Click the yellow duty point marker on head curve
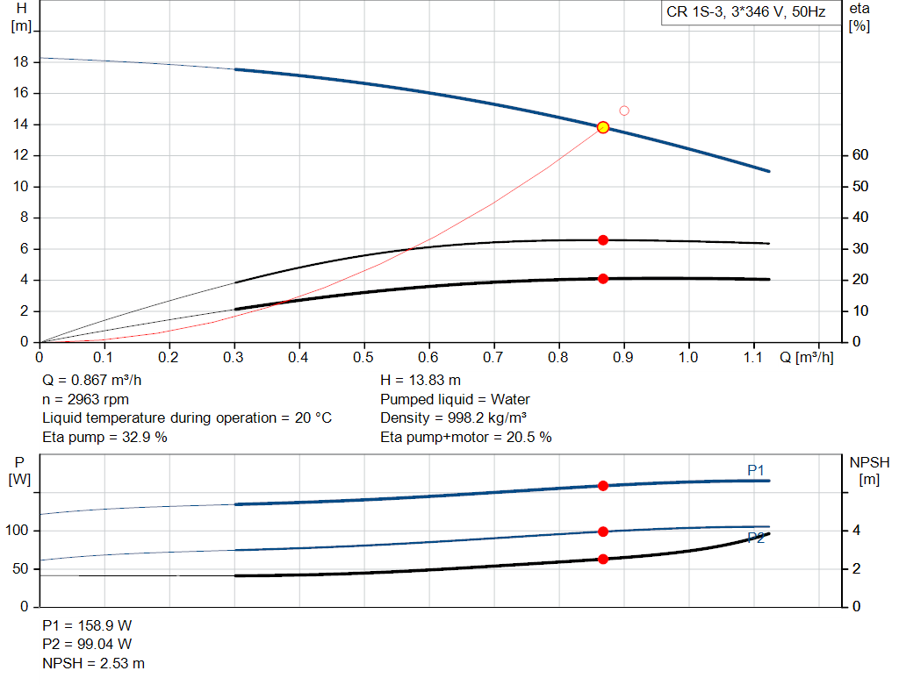(x=603, y=127)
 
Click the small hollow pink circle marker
(x=624, y=111)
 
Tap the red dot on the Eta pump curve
(x=603, y=240)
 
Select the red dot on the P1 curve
(x=603, y=486)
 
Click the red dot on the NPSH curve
(x=603, y=559)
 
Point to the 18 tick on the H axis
(x=22, y=62)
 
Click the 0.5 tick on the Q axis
(x=363, y=358)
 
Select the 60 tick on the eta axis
(x=859, y=155)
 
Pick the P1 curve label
(x=756, y=471)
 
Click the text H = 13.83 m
(x=421, y=381)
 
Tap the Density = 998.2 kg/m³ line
(x=454, y=418)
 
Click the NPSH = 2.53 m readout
(x=93, y=663)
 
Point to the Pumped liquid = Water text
(x=455, y=399)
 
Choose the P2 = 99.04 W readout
(x=87, y=645)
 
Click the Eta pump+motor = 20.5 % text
(x=465, y=437)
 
